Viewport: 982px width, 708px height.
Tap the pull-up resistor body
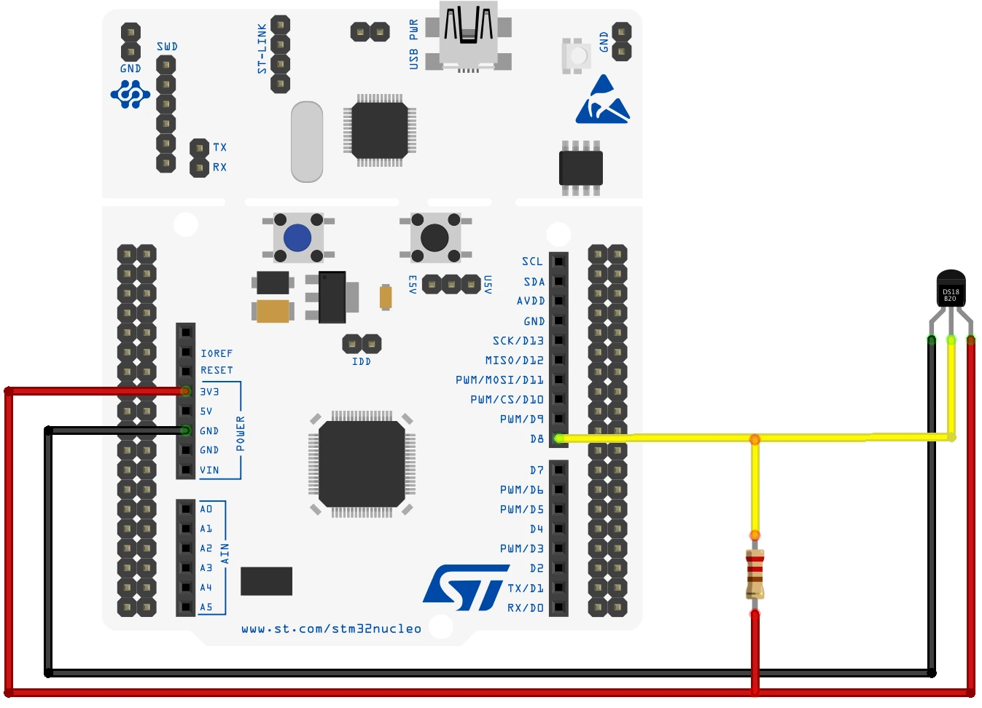(755, 574)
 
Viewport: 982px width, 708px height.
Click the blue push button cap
(297, 237)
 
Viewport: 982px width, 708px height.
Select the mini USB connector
(468, 36)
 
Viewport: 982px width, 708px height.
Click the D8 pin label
(537, 439)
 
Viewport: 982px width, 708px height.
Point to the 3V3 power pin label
(210, 392)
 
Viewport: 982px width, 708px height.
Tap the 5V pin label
(206, 412)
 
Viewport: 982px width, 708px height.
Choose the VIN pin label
(209, 471)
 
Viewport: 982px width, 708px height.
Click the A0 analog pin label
(206, 509)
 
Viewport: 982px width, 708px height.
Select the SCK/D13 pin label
(518, 341)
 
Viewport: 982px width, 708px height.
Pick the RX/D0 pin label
(525, 607)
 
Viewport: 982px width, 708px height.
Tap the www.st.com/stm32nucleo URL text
(331, 629)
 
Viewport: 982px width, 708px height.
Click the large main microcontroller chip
(362, 464)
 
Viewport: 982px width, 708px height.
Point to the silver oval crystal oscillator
(307, 142)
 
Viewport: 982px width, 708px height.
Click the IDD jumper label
(362, 361)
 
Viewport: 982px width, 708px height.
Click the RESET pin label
(217, 371)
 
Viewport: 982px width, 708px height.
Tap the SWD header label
(167, 47)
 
